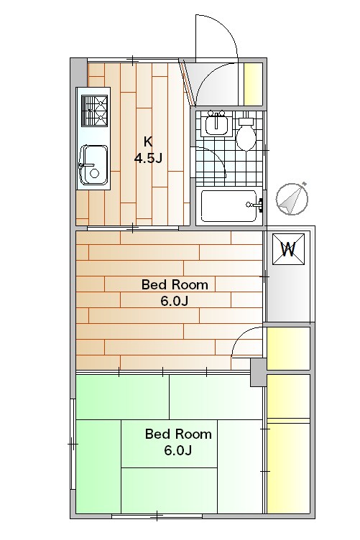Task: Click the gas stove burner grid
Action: pyautogui.click(x=94, y=111)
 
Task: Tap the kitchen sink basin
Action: pyautogui.click(x=93, y=165)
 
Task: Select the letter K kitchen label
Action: pyautogui.click(x=148, y=141)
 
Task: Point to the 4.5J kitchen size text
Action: pyautogui.click(x=148, y=158)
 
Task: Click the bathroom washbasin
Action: pyautogui.click(x=216, y=124)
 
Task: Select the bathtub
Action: pyautogui.click(x=229, y=206)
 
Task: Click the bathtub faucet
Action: pyautogui.click(x=255, y=205)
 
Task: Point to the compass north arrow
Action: pyautogui.click(x=292, y=199)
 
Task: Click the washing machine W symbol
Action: pyautogui.click(x=288, y=249)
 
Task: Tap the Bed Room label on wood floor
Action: pyautogui.click(x=175, y=285)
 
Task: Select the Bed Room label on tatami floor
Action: pyautogui.click(x=178, y=434)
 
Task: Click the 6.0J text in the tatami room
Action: pyautogui.click(x=177, y=450)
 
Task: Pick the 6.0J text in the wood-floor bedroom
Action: pyautogui.click(x=175, y=302)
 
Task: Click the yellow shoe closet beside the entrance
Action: pyautogui.click(x=253, y=84)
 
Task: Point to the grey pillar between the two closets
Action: pyautogui.click(x=258, y=372)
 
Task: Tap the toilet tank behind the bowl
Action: pyautogui.click(x=246, y=121)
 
